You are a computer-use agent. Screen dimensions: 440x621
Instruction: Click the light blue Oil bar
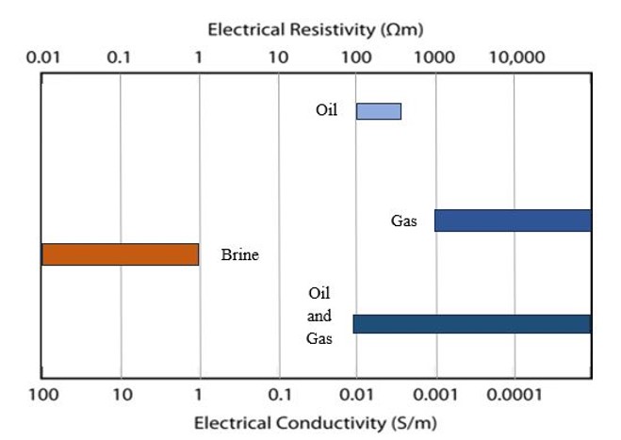click(x=378, y=111)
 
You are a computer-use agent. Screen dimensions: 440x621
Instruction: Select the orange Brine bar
click(x=120, y=254)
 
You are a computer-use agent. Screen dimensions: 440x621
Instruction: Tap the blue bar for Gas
click(x=513, y=220)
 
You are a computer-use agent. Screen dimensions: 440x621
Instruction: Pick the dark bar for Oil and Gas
click(x=472, y=323)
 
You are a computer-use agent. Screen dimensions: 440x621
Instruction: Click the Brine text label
click(x=239, y=254)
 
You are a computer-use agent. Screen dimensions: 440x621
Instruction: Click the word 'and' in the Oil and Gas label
click(x=319, y=316)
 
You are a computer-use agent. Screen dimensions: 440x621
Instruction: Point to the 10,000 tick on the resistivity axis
click(x=516, y=57)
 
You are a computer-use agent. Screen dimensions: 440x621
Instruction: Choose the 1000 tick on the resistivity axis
click(x=435, y=57)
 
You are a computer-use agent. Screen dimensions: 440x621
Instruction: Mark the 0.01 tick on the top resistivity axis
click(x=43, y=57)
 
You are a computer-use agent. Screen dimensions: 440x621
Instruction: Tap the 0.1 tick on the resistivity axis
click(x=120, y=57)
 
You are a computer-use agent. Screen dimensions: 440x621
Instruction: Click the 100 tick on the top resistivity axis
click(x=356, y=57)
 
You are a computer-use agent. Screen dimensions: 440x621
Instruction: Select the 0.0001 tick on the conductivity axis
click(x=515, y=393)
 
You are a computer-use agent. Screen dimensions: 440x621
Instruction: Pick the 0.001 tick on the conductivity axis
click(x=435, y=393)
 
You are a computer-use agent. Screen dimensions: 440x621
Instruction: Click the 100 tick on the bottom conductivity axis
click(x=43, y=393)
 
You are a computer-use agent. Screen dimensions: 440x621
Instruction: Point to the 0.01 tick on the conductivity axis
click(x=356, y=393)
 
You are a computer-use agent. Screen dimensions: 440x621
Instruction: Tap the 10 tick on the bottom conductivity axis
click(x=122, y=393)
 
